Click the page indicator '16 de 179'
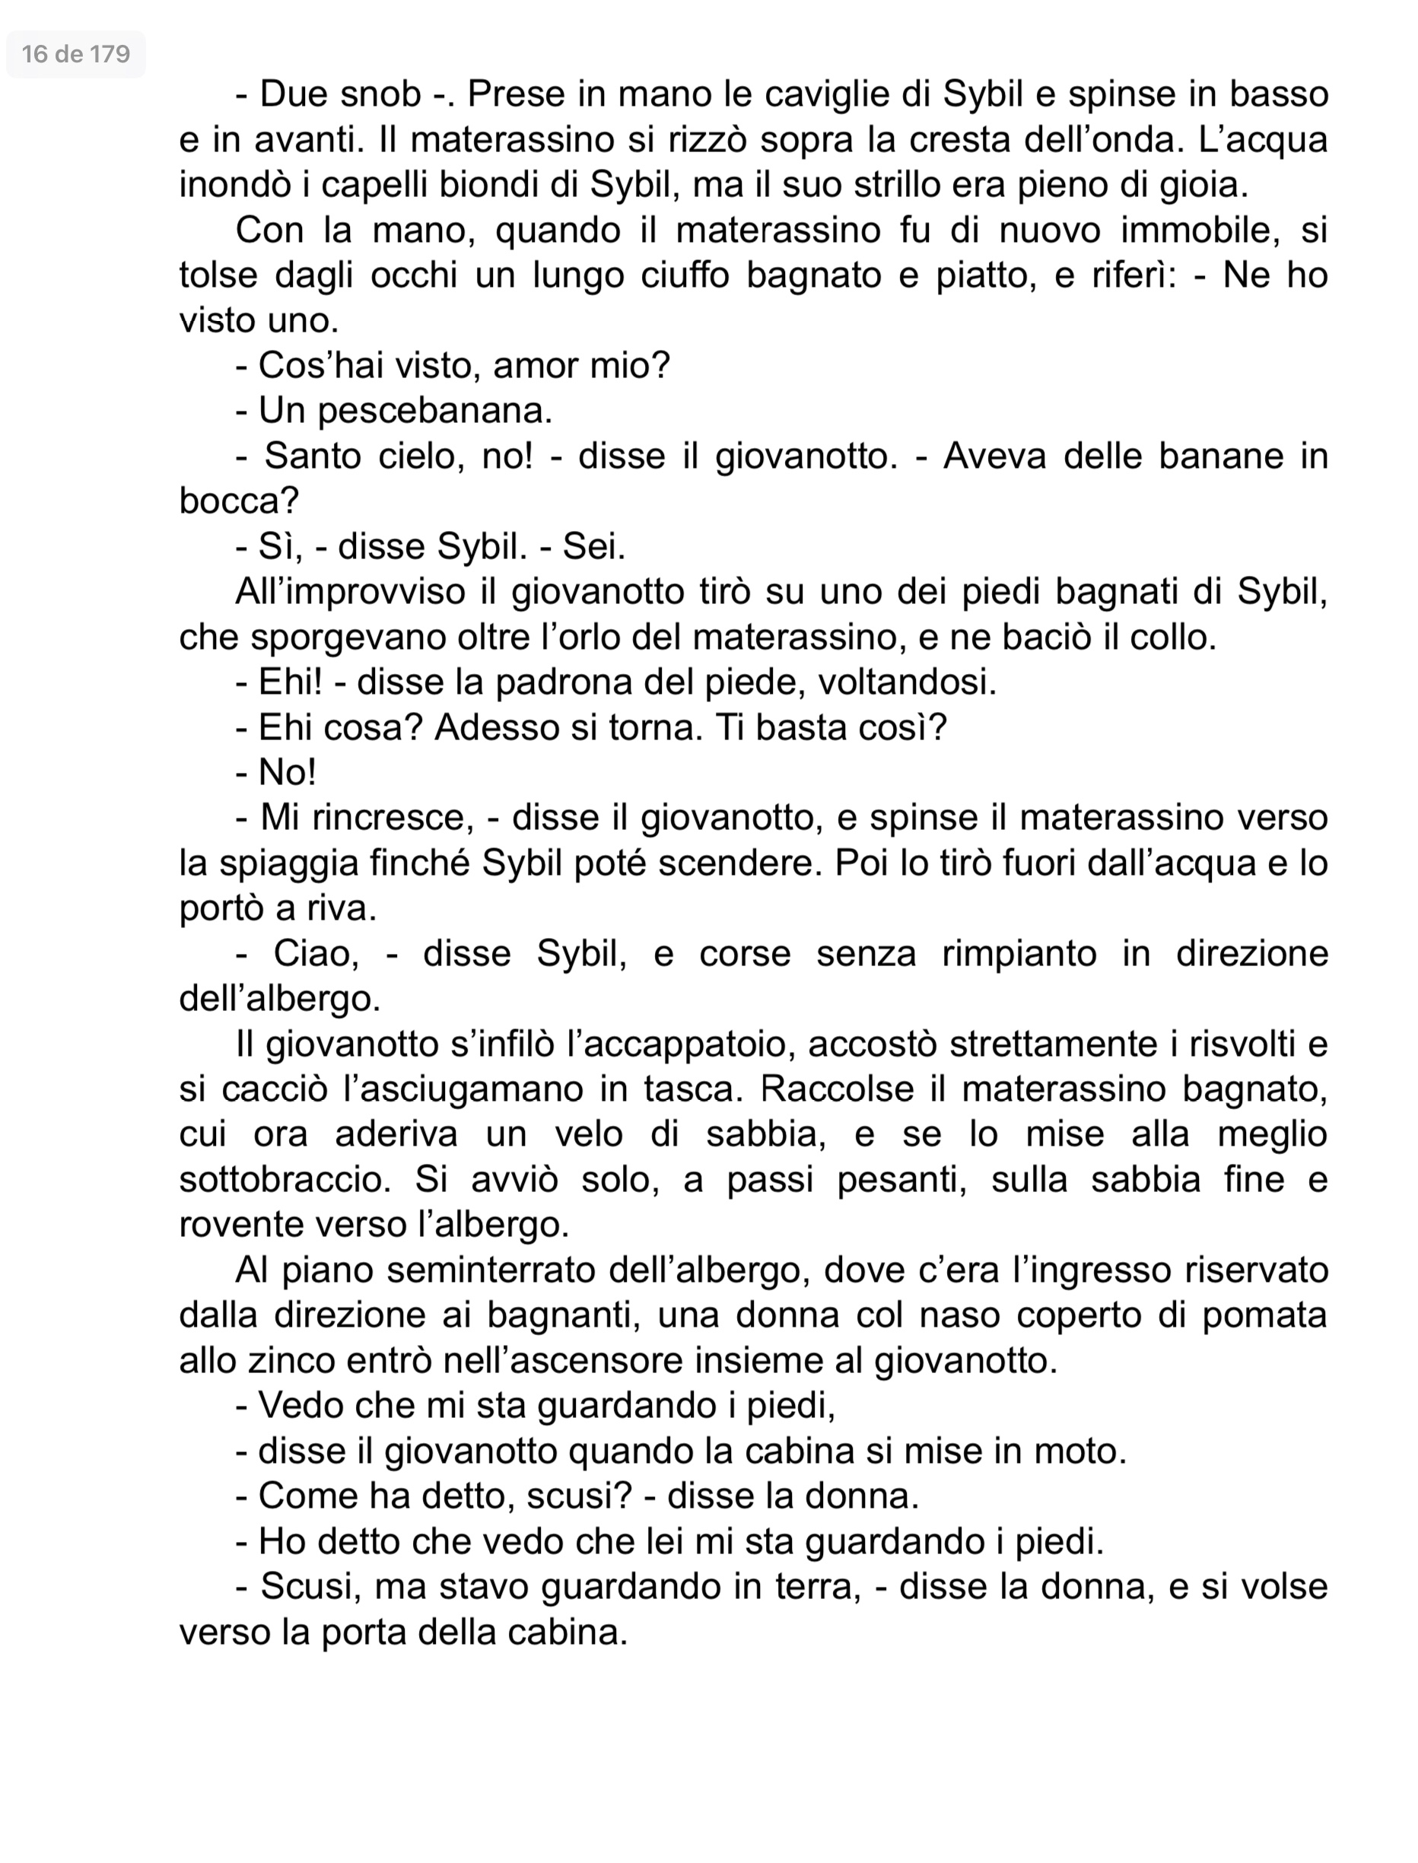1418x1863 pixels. (76, 55)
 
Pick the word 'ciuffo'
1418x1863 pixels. (685, 275)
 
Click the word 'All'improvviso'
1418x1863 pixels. (349, 592)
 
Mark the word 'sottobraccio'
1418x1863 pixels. (285, 1180)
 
